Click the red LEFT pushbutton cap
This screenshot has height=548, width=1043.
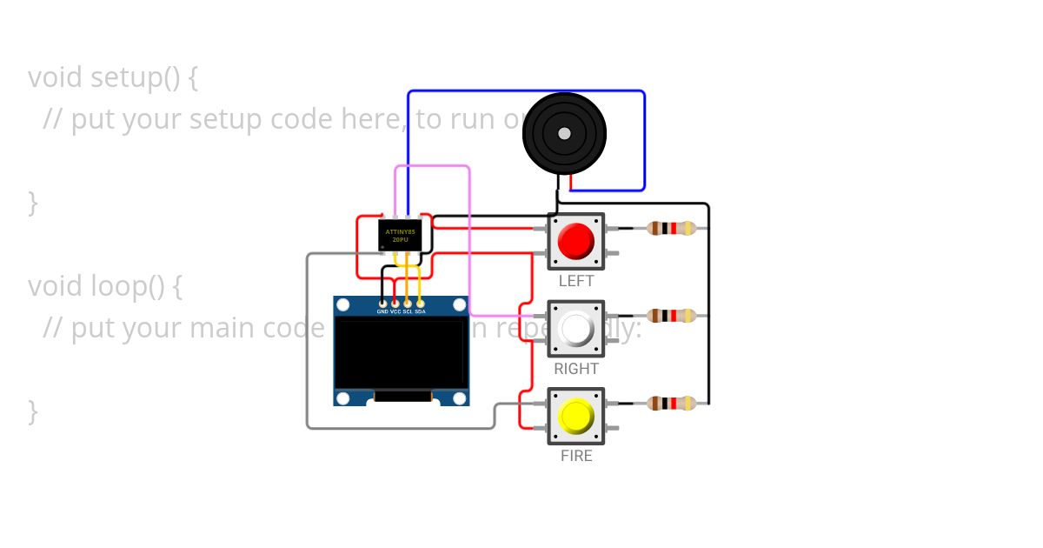point(575,241)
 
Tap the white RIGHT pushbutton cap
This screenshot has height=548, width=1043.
point(575,329)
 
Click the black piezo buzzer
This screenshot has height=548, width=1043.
point(564,134)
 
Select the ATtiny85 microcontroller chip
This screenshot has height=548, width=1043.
point(400,235)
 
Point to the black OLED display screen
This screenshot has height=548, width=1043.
point(401,352)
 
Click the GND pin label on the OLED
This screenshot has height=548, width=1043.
point(382,311)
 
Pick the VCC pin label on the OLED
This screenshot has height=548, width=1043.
point(395,311)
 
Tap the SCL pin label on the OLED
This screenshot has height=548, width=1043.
point(408,311)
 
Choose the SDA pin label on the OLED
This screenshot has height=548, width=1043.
point(421,311)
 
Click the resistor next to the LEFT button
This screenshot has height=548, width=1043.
point(671,229)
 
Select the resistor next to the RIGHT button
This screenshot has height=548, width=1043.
point(671,316)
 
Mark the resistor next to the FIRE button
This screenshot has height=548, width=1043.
point(671,403)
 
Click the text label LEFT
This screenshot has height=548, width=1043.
point(575,281)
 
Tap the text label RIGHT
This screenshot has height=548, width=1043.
point(575,369)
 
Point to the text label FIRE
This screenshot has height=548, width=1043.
point(575,456)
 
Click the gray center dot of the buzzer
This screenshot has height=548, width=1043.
point(564,133)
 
